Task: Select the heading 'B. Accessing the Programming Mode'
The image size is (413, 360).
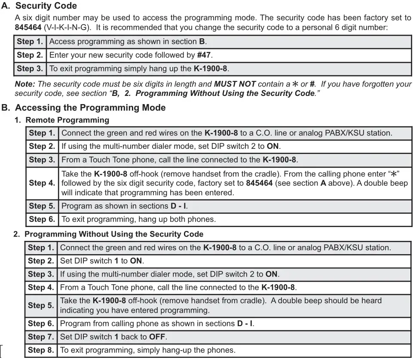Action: (83, 108)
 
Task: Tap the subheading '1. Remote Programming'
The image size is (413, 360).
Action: (62, 120)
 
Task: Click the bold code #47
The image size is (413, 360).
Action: (205, 55)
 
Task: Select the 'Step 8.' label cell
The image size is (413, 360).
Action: (41, 350)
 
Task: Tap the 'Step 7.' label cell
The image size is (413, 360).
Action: (41, 337)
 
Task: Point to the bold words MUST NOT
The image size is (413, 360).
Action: (235, 84)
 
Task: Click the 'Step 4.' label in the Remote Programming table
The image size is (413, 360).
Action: (42, 183)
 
